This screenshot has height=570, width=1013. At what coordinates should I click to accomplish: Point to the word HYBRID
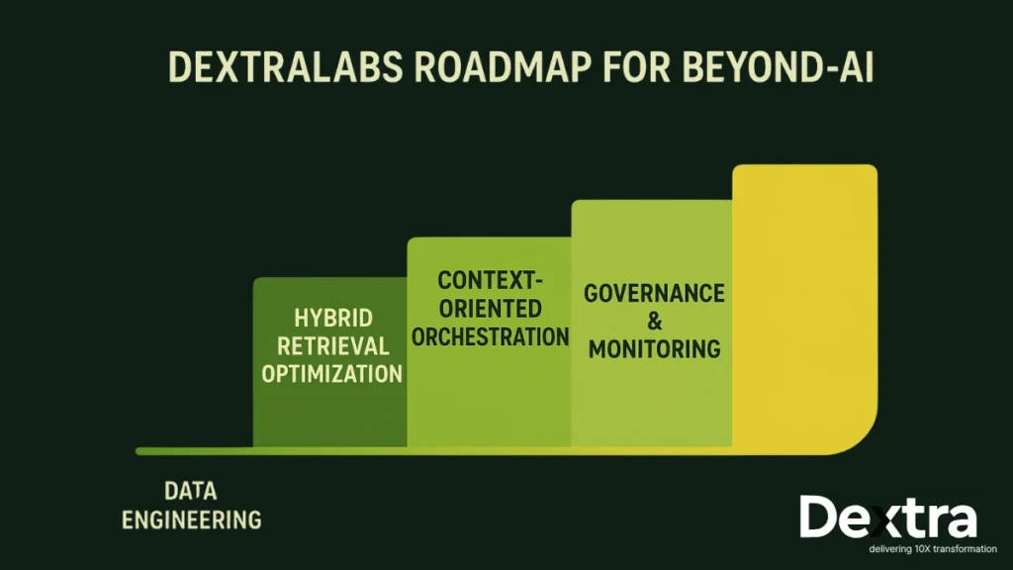332,320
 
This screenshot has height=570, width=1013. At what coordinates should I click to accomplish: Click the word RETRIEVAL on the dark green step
332,346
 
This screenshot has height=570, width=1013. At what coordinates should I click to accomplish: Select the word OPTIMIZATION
332,374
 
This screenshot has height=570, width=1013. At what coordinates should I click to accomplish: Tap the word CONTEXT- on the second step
490,280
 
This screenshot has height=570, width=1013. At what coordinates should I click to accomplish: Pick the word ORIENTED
490,308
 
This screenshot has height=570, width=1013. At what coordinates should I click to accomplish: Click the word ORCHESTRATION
490,336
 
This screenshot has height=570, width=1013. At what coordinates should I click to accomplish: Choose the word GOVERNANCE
654,294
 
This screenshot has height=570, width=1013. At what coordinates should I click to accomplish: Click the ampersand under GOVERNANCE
653,322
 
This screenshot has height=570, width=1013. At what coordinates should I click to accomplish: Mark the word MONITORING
653,349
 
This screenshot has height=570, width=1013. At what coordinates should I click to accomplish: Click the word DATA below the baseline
191,491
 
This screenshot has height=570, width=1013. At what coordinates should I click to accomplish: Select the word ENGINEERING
191,519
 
